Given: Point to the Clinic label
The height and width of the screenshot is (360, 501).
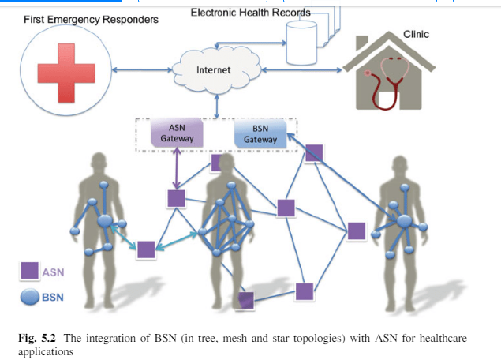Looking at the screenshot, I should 416,35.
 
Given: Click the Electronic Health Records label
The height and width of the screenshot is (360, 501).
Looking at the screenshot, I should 251,13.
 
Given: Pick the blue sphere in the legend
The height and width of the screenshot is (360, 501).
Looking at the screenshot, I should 29,297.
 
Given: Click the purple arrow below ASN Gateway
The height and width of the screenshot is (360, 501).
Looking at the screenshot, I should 176,171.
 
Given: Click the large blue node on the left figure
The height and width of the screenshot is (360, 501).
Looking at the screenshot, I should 104,222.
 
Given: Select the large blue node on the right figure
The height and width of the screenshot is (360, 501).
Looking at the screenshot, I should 403,222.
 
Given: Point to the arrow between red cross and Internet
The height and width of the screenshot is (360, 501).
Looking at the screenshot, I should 147,72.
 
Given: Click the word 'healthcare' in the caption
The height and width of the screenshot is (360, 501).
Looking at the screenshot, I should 439,339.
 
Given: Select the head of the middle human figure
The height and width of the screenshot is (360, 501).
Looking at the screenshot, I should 227,161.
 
